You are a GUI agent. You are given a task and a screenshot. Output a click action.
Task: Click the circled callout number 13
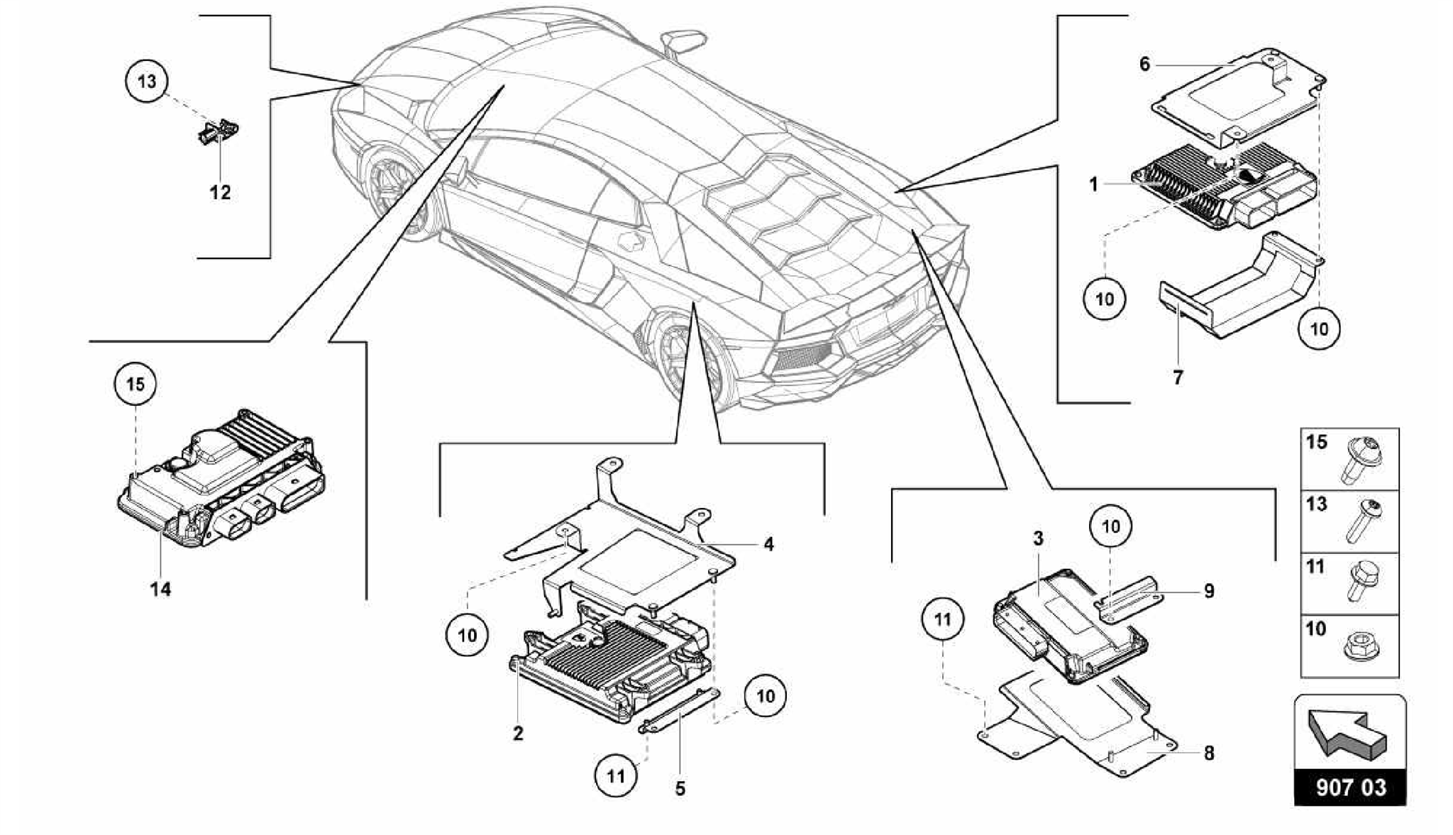point(147,81)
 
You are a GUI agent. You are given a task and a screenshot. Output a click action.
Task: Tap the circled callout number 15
point(135,384)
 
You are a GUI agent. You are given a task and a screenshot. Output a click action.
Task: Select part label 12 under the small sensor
point(220,192)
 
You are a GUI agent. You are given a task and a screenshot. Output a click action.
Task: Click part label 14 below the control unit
point(160,589)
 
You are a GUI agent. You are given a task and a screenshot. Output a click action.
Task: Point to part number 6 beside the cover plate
point(1144,65)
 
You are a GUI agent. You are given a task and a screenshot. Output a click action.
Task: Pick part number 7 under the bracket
point(1178,377)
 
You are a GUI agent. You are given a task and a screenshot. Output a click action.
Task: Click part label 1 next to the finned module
point(1094,185)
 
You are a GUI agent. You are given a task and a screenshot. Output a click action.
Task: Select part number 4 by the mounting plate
point(768,544)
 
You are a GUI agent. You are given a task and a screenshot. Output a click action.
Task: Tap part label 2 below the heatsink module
point(518,734)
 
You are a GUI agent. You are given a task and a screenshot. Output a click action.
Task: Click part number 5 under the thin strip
point(680,788)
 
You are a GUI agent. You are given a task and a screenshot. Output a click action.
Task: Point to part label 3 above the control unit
point(1038,538)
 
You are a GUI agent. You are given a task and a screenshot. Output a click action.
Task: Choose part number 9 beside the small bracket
point(1209,591)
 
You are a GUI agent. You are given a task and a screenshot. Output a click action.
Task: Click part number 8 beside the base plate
point(1209,753)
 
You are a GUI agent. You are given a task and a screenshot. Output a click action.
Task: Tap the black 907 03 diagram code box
point(1350,788)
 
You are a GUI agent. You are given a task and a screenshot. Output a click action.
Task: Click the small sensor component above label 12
point(217,132)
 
